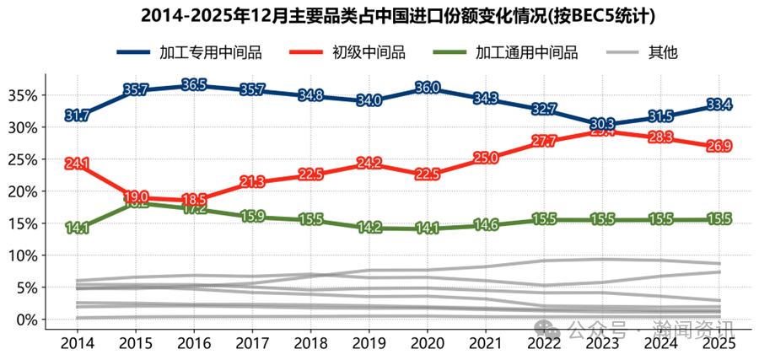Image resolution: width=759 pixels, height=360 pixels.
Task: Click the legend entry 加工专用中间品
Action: point(210,53)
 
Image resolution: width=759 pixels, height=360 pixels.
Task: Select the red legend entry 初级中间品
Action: point(369,53)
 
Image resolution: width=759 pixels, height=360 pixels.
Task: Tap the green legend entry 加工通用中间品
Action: point(526,53)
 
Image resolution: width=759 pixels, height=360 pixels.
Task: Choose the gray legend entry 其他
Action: point(662,53)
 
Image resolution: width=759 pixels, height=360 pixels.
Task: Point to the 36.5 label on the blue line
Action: point(194,85)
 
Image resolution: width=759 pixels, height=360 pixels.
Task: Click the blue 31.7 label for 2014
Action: point(77,116)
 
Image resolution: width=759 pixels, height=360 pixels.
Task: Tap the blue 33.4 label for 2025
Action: point(718,105)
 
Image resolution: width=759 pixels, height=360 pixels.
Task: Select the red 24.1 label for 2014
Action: point(77,164)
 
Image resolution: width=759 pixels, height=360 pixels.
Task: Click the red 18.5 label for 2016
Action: point(194,200)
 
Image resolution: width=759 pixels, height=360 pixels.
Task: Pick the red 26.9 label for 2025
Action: point(718,147)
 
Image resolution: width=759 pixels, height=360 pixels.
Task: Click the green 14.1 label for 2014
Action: point(77,228)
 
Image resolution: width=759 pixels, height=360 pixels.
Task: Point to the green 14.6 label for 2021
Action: point(486,225)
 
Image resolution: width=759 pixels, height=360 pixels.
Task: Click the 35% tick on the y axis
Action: point(23,95)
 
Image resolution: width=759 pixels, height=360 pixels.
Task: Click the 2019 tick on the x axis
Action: point(369,343)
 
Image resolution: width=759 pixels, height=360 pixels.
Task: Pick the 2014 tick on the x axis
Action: point(77,343)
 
